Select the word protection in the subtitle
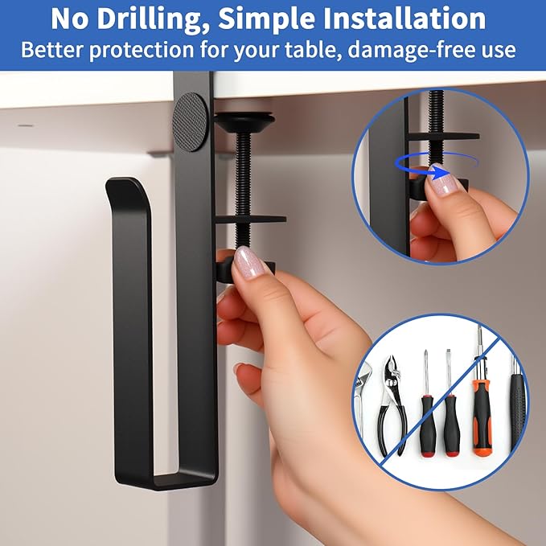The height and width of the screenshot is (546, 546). point(142,50)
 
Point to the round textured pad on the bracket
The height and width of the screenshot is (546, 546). point(190,122)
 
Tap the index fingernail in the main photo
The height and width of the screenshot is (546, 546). point(248,262)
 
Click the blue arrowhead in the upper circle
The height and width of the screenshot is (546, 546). point(439,172)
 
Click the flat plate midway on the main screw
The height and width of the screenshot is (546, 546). point(250,220)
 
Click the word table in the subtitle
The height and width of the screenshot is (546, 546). point(312,49)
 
